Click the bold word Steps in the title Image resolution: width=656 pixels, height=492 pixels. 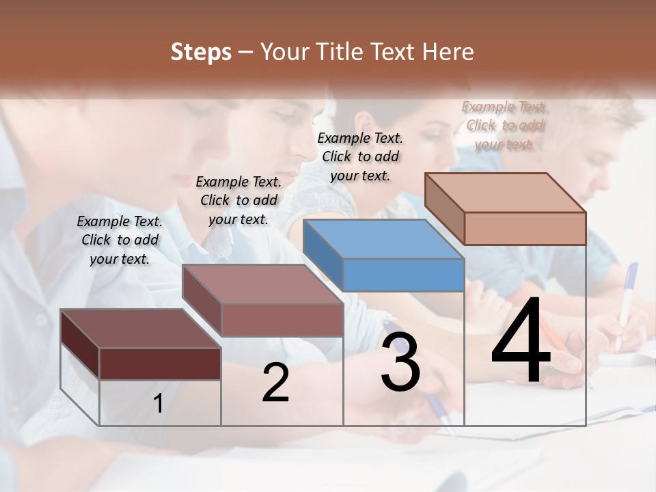pos(201,52)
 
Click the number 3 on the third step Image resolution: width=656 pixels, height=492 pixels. pos(400,362)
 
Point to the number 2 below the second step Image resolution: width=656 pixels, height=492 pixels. pos(275,383)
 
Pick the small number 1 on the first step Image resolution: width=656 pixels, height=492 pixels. pos(158,404)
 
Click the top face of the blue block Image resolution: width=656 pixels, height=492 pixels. pos(383,239)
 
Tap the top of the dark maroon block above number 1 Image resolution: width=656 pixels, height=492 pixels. pos(140,329)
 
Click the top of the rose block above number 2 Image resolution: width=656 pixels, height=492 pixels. pos(262,284)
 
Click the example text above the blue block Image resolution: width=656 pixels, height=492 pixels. pos(360,156)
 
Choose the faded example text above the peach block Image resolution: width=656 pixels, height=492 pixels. pos(505,125)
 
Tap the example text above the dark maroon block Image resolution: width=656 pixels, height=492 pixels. pos(120,240)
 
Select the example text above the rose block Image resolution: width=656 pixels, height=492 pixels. pos(238,200)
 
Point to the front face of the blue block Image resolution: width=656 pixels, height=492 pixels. pos(403,275)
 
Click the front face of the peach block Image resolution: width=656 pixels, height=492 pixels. pos(525,228)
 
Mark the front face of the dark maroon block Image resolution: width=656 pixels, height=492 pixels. pos(160,364)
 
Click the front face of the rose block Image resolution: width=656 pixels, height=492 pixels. pos(282,320)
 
